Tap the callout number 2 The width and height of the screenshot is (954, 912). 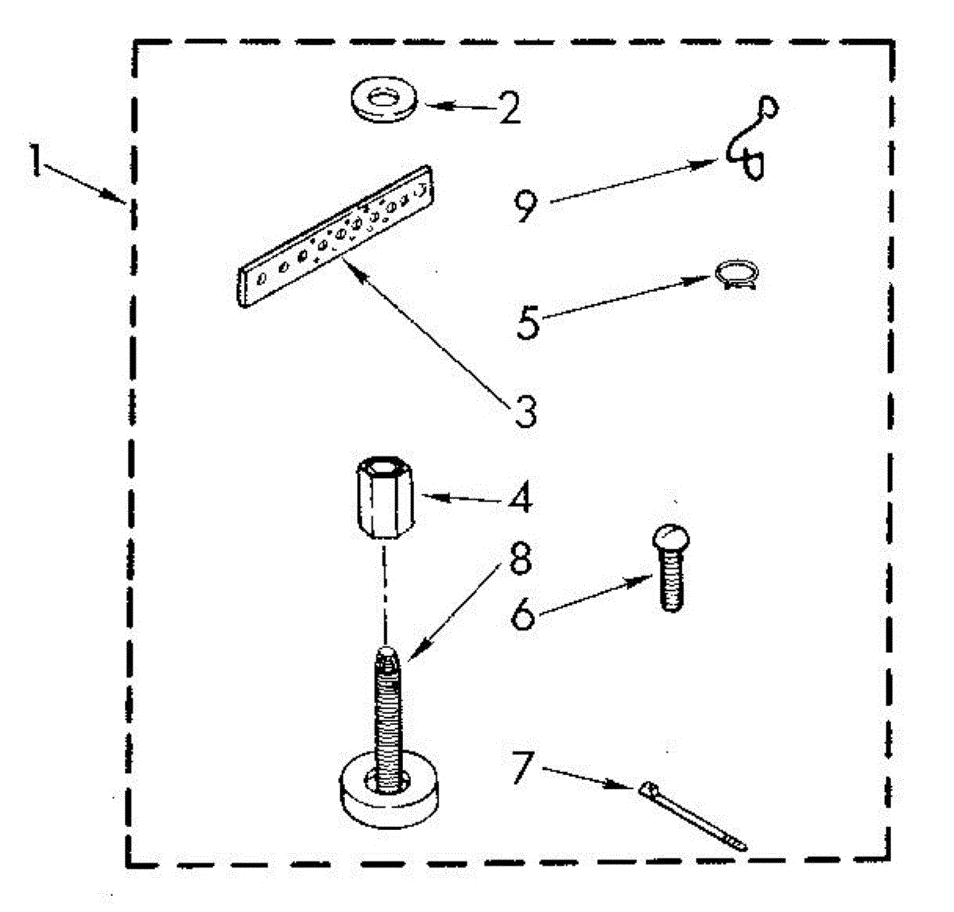point(509,108)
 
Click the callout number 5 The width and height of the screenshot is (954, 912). point(527,321)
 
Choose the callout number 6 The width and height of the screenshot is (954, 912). point(522,613)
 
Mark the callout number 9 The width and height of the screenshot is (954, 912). point(525,205)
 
